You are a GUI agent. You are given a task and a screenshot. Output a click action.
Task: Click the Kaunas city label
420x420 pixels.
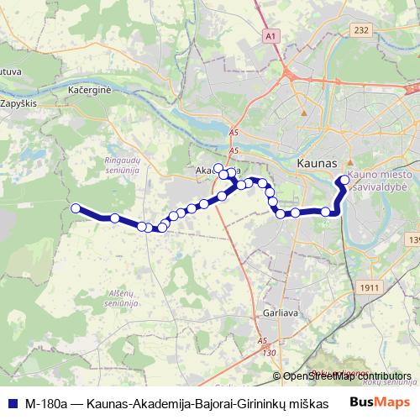coord(317,162)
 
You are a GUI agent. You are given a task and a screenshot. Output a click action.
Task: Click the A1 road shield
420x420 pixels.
coord(270,37)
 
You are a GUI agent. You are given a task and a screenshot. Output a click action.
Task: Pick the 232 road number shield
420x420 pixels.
coord(361,30)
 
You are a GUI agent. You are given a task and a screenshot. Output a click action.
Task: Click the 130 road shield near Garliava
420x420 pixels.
coord(269,353)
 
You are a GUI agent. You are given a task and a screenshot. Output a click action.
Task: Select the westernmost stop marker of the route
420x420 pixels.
coord(75,208)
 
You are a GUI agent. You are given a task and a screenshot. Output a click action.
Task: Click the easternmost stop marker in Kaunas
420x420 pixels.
coord(344,180)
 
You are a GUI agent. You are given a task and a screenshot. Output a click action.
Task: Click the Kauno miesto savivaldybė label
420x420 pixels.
coord(371,178)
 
